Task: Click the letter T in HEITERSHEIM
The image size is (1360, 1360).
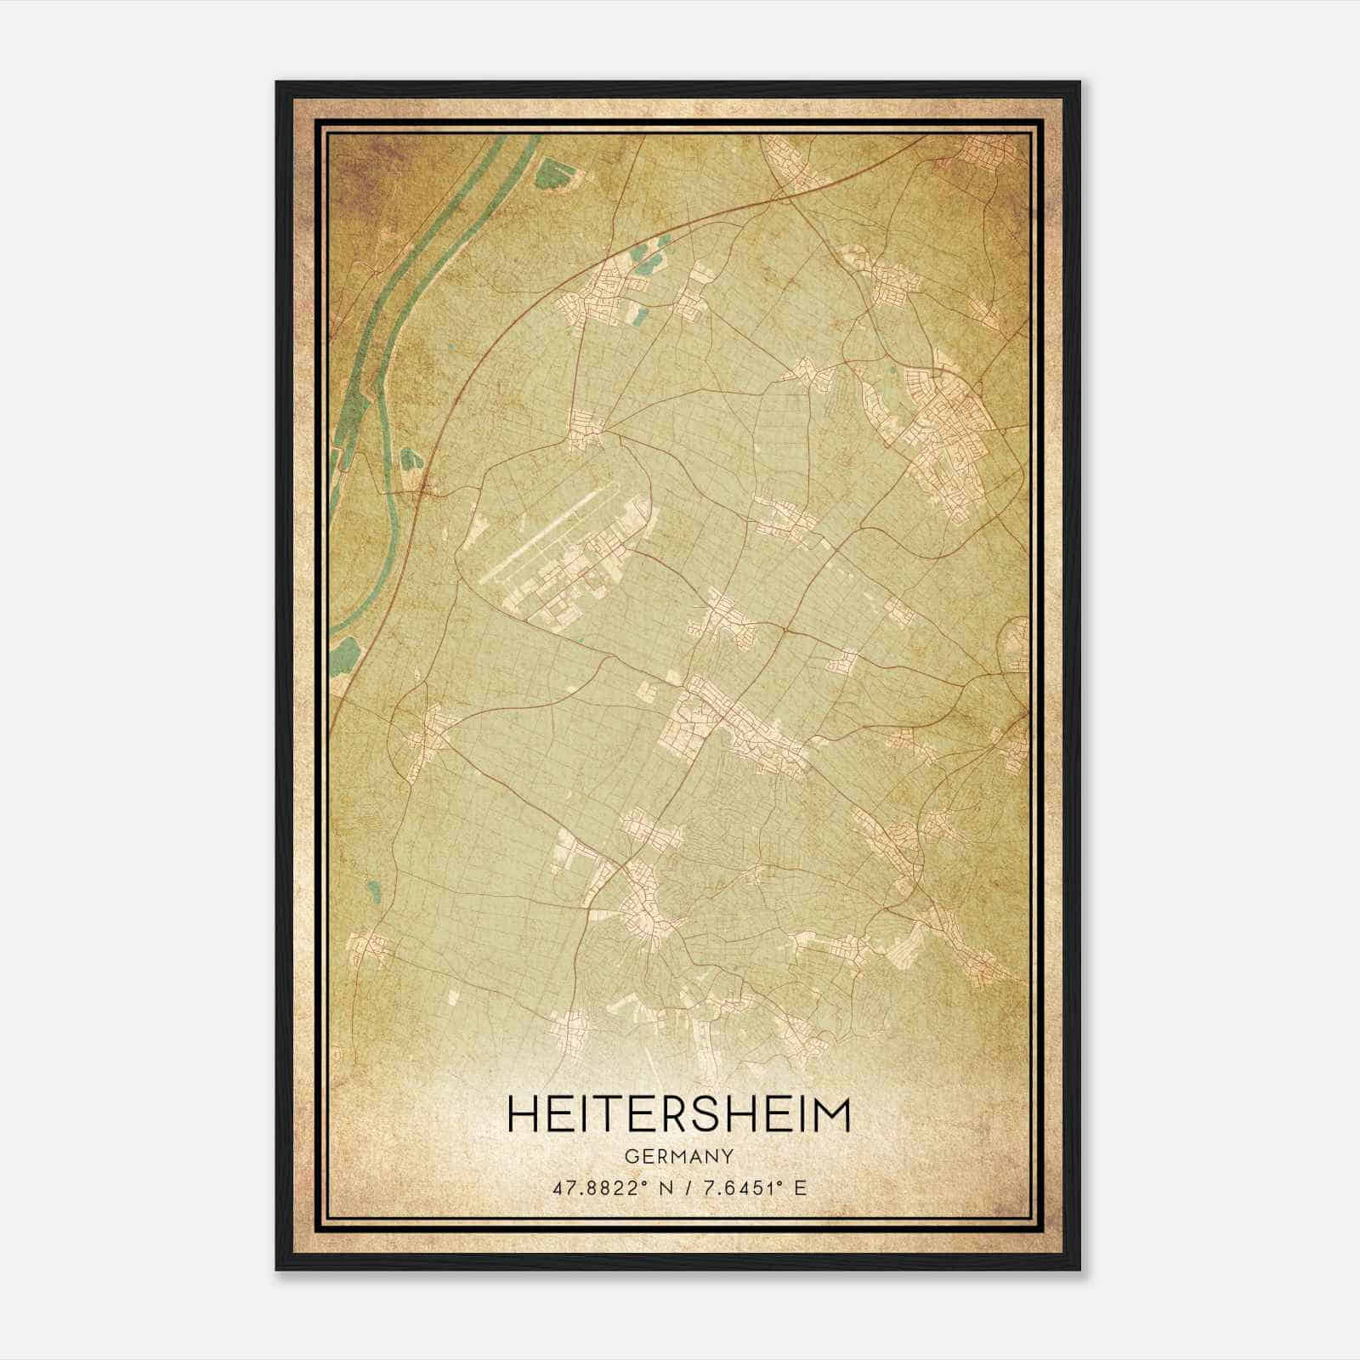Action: tap(611, 1115)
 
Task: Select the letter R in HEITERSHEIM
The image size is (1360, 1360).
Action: tap(679, 1115)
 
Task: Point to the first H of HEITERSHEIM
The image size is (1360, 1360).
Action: tap(524, 1115)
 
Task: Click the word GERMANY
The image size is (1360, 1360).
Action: tap(678, 1157)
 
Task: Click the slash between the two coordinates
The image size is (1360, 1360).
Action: tap(686, 1188)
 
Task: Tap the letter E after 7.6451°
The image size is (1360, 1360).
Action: tap(799, 1188)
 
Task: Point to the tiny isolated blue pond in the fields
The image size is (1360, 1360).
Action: tap(373, 892)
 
